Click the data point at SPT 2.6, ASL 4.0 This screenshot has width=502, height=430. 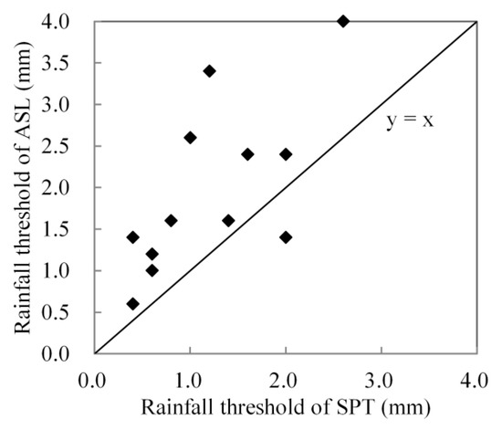coord(343,21)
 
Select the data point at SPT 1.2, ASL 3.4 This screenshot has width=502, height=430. coord(209,70)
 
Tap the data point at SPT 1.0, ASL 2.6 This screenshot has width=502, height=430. coord(190,137)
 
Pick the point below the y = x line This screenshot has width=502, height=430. coord(286,236)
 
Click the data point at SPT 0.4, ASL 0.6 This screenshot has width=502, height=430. coord(132,303)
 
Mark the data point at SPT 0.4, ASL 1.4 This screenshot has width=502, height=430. coord(132,236)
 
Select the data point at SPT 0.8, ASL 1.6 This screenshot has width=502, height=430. coord(171,220)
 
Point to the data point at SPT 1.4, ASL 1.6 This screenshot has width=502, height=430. coord(228,220)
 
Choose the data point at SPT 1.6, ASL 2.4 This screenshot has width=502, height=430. coord(247,153)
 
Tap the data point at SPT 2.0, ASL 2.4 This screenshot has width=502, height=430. coord(286,153)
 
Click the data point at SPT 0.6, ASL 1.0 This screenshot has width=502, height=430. coord(152,270)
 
